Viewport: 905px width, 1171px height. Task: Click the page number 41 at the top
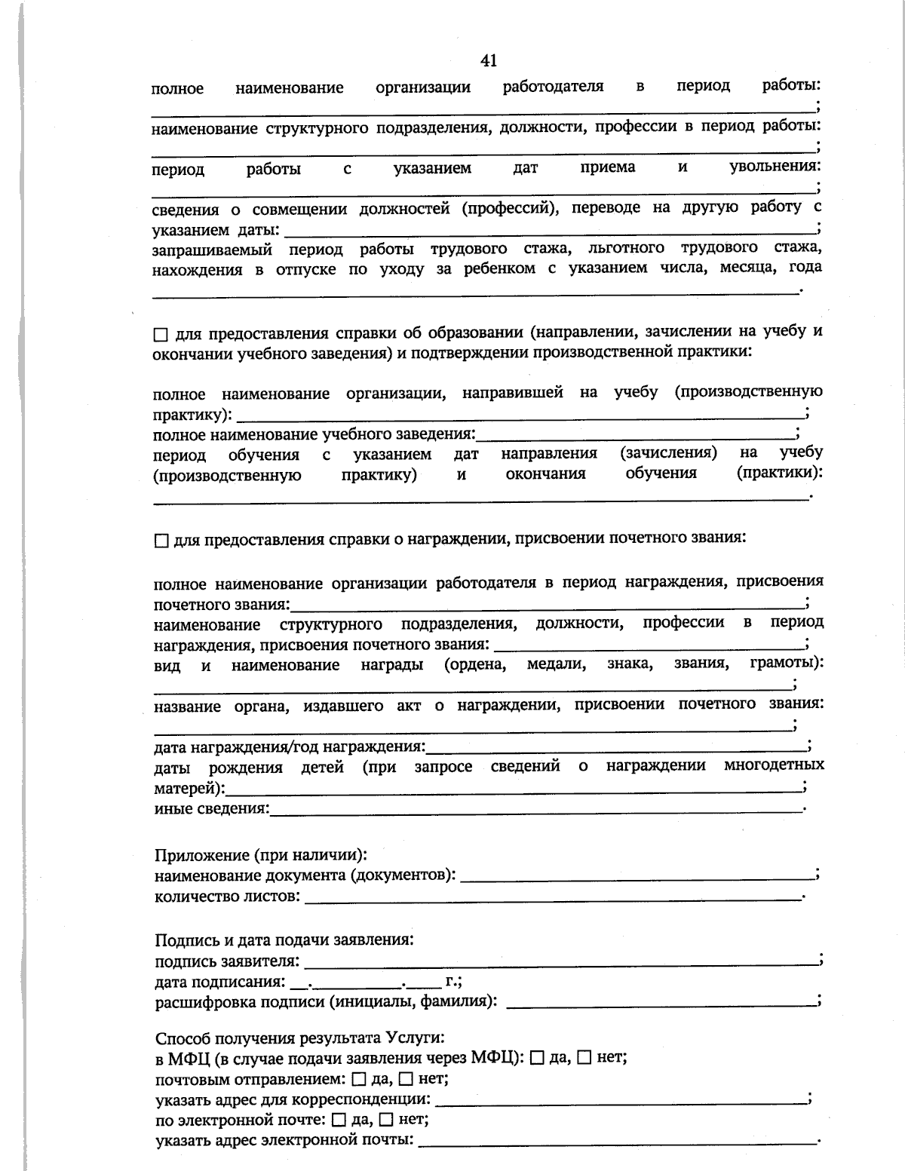[x=488, y=61]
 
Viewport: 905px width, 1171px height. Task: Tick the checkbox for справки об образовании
[x=161, y=334]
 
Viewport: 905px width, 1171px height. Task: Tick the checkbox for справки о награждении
[x=161, y=541]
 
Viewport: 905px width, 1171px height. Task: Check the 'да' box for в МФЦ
[x=537, y=1058]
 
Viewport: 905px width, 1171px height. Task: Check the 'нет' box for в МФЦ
[x=584, y=1058]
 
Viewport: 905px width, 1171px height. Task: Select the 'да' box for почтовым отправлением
[x=358, y=1079]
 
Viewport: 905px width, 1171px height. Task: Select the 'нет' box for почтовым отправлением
[x=406, y=1079]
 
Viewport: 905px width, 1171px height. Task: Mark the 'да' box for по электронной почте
[x=338, y=1120]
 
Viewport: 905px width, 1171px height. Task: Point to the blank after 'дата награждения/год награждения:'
[x=615, y=748]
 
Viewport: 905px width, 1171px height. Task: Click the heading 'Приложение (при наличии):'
[x=261, y=855]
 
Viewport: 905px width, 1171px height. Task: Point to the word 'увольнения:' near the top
[x=775, y=167]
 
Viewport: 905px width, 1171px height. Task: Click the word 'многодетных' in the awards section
[x=774, y=765]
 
